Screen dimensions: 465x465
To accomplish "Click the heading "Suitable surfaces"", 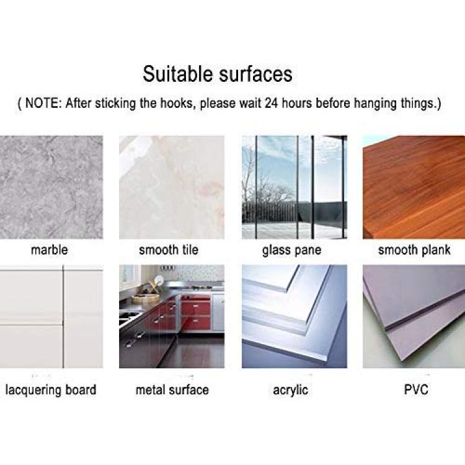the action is (x=218, y=74).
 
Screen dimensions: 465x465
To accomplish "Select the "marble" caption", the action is (x=49, y=250).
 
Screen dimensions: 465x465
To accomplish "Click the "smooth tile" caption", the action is (x=169, y=250).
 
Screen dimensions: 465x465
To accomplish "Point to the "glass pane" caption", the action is (x=291, y=250).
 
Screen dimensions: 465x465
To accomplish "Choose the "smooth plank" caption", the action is (x=414, y=250).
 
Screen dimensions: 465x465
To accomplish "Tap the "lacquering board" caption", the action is (x=51, y=390).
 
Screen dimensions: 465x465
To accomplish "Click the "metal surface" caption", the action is (x=172, y=390).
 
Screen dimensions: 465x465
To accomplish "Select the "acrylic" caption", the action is (x=290, y=390).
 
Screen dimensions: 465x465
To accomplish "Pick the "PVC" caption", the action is (x=416, y=389).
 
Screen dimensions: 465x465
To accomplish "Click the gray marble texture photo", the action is (x=51, y=187).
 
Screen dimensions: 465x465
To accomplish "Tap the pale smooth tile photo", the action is (x=172, y=187).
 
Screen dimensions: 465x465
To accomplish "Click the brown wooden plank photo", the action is (x=414, y=187).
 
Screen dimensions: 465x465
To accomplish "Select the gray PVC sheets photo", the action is (x=414, y=316).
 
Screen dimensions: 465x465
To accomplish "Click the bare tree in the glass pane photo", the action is (x=264, y=190).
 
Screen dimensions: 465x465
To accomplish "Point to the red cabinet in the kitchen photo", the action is (x=196, y=312).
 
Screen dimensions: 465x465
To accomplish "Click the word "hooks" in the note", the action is (x=178, y=103).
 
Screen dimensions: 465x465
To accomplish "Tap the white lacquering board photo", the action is (x=51, y=316).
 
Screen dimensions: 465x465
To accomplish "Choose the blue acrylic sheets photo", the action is (x=294, y=316).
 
